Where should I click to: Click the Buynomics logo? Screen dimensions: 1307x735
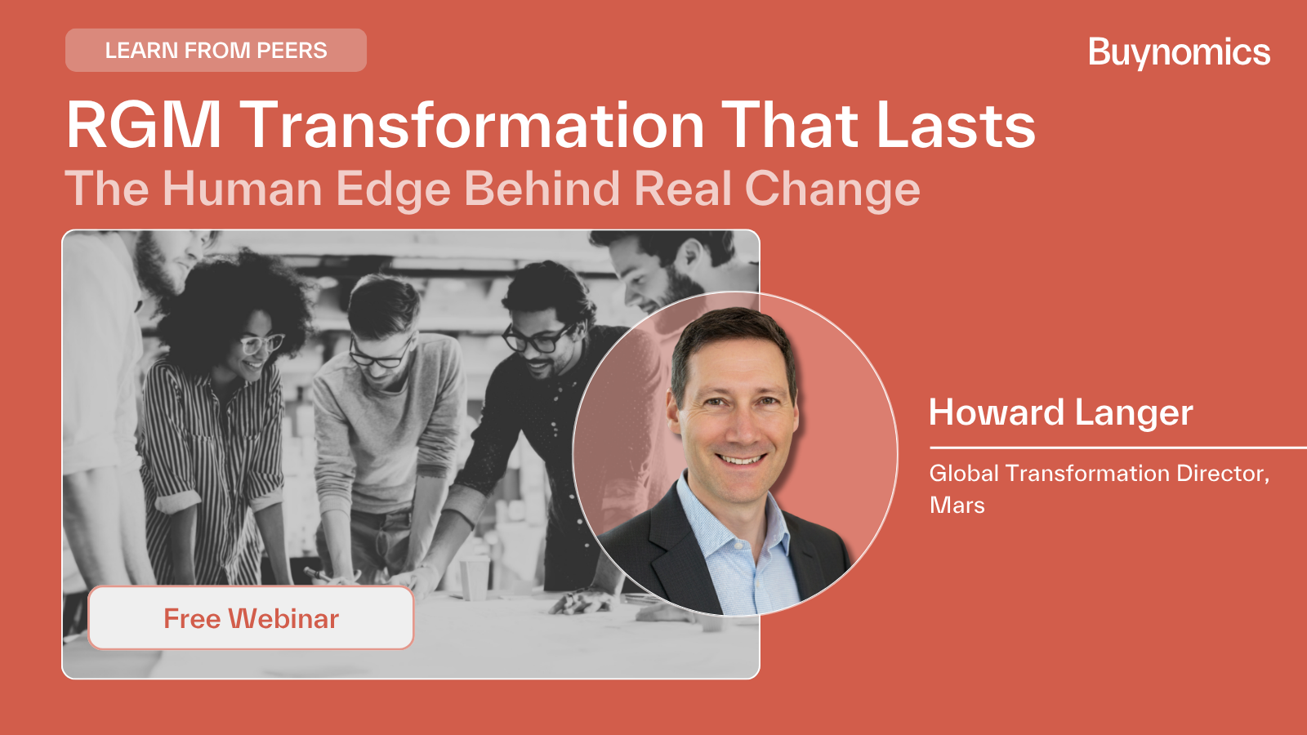[1180, 52]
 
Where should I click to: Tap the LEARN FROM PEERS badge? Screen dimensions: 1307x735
[216, 50]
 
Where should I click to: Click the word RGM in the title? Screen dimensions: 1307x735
[144, 125]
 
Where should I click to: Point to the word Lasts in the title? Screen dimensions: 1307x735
[956, 125]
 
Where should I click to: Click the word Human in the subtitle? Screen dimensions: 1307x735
[242, 189]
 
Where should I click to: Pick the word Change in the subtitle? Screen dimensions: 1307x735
[832, 189]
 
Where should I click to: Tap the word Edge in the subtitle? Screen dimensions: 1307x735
[393, 189]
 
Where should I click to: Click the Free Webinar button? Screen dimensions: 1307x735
[251, 617]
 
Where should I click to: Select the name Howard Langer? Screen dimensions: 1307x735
[1061, 413]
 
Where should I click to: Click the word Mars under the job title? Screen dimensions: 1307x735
[957, 506]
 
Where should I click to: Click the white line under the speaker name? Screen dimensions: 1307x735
[1118, 448]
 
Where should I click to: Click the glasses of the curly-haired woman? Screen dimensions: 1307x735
[261, 344]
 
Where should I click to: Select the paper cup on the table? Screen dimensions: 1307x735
[475, 578]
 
